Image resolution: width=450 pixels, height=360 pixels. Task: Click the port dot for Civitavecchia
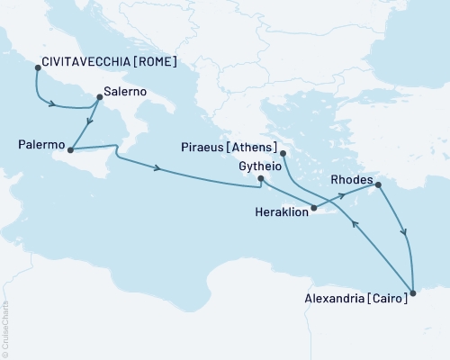coord(36,67)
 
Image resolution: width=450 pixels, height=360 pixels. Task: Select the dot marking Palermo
coord(70,149)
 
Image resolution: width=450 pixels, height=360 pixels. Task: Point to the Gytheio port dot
coord(261,179)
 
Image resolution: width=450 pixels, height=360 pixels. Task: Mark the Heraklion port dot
coord(312,210)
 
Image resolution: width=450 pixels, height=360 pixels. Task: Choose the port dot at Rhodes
coord(377,185)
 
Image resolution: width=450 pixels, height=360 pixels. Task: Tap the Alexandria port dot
coord(413,292)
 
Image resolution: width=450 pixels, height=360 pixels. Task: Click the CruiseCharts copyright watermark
coord(6,328)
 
